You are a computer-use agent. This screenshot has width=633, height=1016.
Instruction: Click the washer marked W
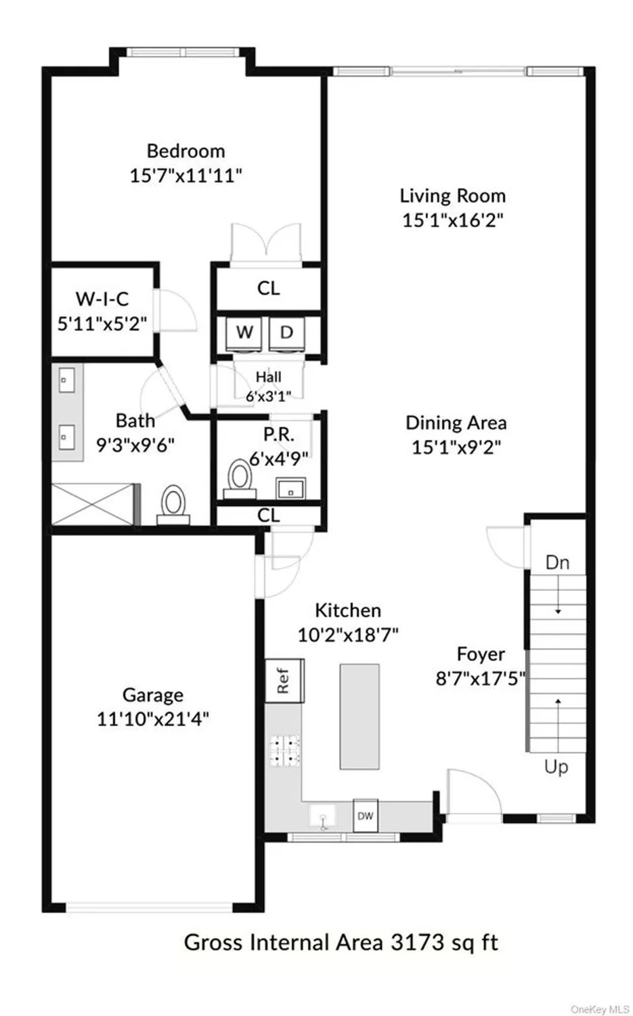pyautogui.click(x=244, y=333)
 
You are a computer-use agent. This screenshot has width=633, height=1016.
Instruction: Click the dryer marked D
pyautogui.click(x=286, y=333)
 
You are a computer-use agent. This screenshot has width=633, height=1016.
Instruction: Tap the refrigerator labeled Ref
pyautogui.click(x=284, y=680)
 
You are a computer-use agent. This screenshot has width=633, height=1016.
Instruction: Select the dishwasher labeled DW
pyautogui.click(x=365, y=816)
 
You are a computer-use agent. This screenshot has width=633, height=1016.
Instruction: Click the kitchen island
pyautogui.click(x=359, y=716)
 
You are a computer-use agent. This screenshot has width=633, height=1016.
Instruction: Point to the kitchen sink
pyautogui.click(x=324, y=817)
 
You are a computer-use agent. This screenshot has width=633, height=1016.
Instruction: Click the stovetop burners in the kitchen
pyautogui.click(x=285, y=750)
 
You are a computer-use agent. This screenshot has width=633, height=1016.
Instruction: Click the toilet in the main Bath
pyautogui.click(x=173, y=504)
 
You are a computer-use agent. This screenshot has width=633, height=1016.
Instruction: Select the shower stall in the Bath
pyautogui.click(x=95, y=503)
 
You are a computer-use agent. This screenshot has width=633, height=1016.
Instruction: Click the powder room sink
pyautogui.click(x=290, y=488)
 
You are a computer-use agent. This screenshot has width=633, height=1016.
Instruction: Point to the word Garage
pyautogui.click(x=152, y=695)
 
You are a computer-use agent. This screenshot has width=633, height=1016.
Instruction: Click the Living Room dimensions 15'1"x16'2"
pyautogui.click(x=452, y=220)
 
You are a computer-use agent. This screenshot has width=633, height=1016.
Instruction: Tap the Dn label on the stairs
pyautogui.click(x=556, y=562)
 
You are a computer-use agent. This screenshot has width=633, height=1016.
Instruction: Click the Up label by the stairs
pyautogui.click(x=556, y=767)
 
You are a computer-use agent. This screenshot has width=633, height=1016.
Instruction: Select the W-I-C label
pyautogui.click(x=102, y=299)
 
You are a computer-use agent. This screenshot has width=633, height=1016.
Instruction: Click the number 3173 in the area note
pyautogui.click(x=418, y=942)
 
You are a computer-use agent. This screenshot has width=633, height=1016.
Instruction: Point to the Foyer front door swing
pyautogui.click(x=474, y=792)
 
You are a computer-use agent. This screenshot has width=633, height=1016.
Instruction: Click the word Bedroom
pyautogui.click(x=185, y=150)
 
